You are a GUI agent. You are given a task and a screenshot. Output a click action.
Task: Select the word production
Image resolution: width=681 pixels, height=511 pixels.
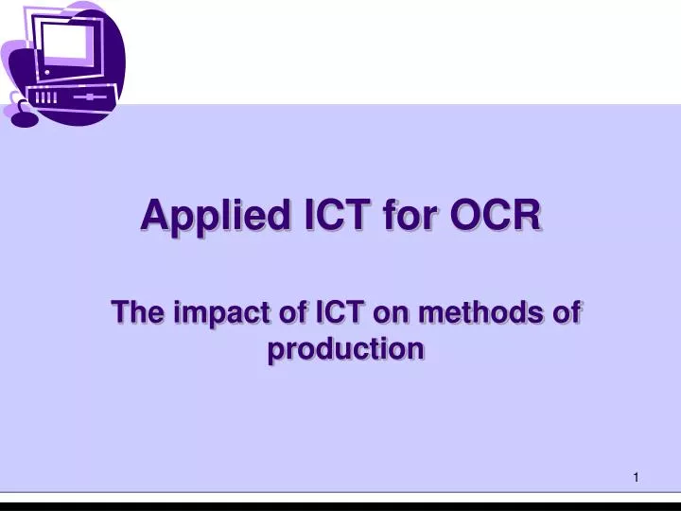(344, 350)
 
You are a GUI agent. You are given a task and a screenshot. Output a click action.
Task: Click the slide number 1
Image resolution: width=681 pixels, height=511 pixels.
(637, 478)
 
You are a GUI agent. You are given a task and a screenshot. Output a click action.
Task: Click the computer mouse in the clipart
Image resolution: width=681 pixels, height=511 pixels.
(23, 118)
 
